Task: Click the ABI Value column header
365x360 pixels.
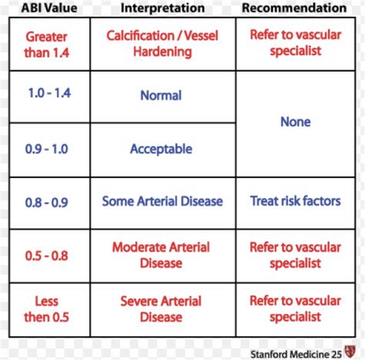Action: coord(45,8)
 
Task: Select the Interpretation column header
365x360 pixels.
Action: coord(162,8)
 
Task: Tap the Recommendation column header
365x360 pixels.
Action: coord(294,8)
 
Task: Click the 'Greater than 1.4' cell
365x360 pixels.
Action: coord(45,43)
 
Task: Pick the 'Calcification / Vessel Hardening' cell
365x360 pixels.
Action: coord(162,43)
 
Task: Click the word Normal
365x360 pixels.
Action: coord(161,96)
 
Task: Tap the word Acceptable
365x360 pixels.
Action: coord(161,149)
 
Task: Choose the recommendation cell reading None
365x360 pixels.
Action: coord(295,122)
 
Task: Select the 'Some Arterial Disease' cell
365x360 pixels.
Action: coord(162,201)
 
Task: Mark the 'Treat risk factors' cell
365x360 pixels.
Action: coord(295,201)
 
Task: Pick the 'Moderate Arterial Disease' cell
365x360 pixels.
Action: coord(162,254)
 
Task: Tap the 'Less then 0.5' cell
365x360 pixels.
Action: coord(45,308)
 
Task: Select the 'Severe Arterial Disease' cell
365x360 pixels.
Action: coord(162,308)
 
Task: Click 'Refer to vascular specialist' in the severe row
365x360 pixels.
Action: coord(295,308)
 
